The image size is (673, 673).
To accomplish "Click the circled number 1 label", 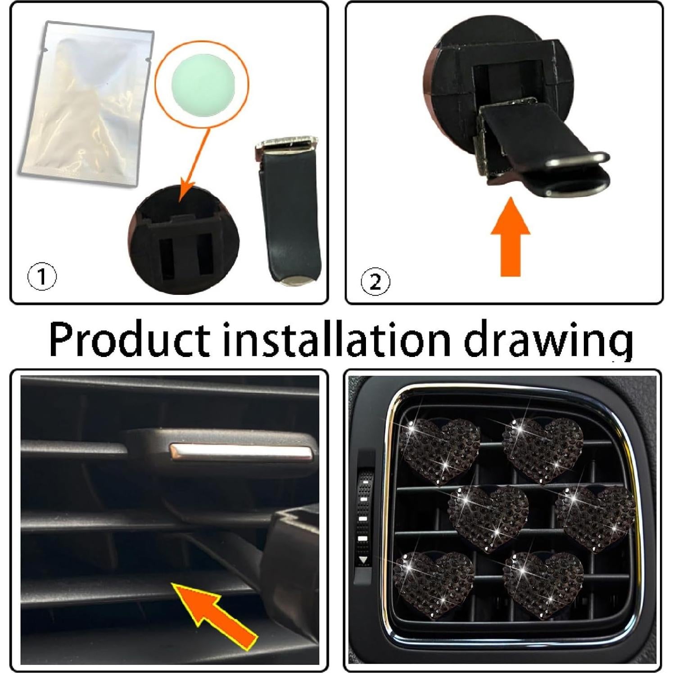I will click(x=42, y=276).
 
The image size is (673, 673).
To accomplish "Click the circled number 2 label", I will click(x=375, y=282).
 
